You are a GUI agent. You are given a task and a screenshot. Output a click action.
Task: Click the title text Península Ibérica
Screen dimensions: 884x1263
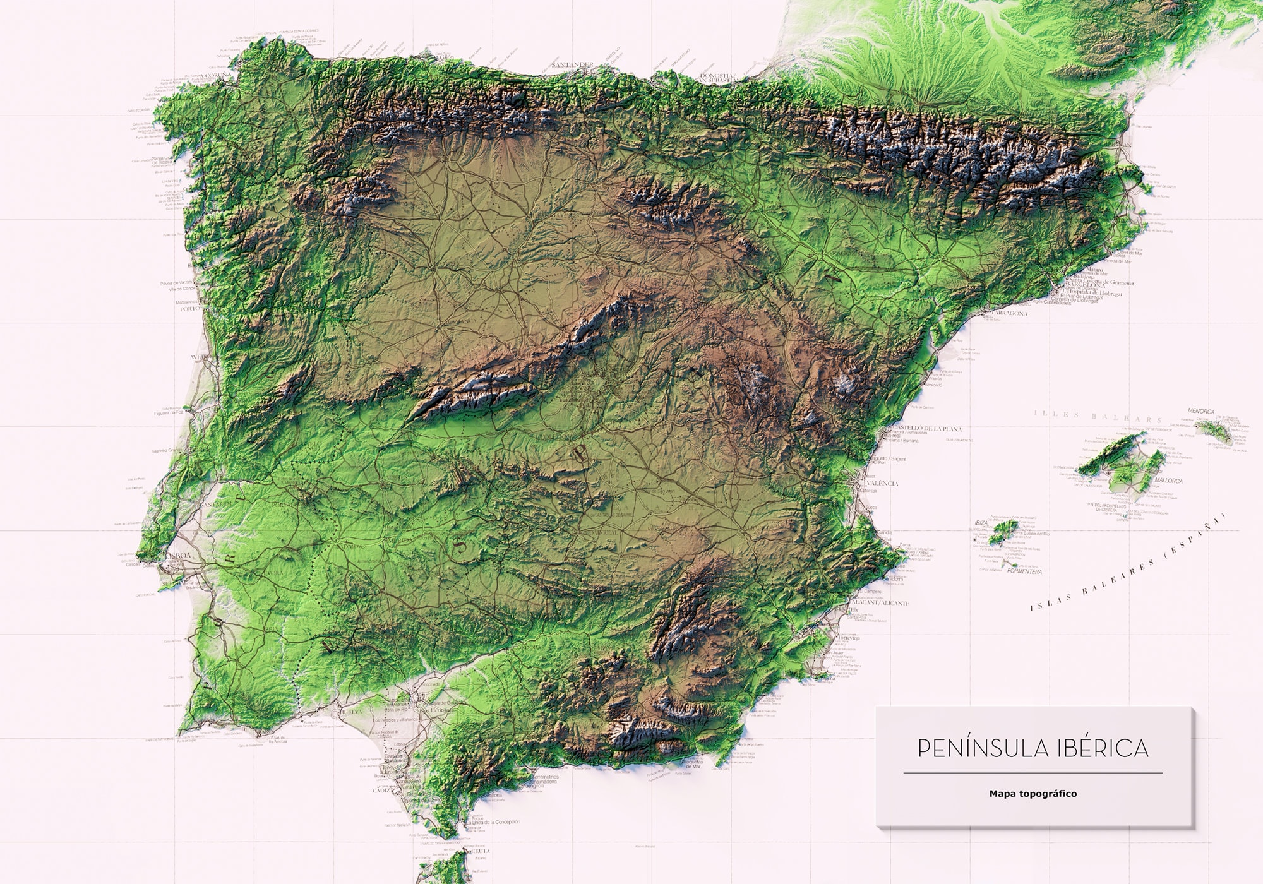(x=1033, y=749)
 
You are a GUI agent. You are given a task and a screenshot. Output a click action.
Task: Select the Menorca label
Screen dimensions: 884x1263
(x=1200, y=412)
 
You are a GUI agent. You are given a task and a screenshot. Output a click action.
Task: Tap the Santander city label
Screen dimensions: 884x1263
(x=572, y=64)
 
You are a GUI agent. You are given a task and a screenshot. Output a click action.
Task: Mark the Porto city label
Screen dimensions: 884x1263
(x=189, y=309)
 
